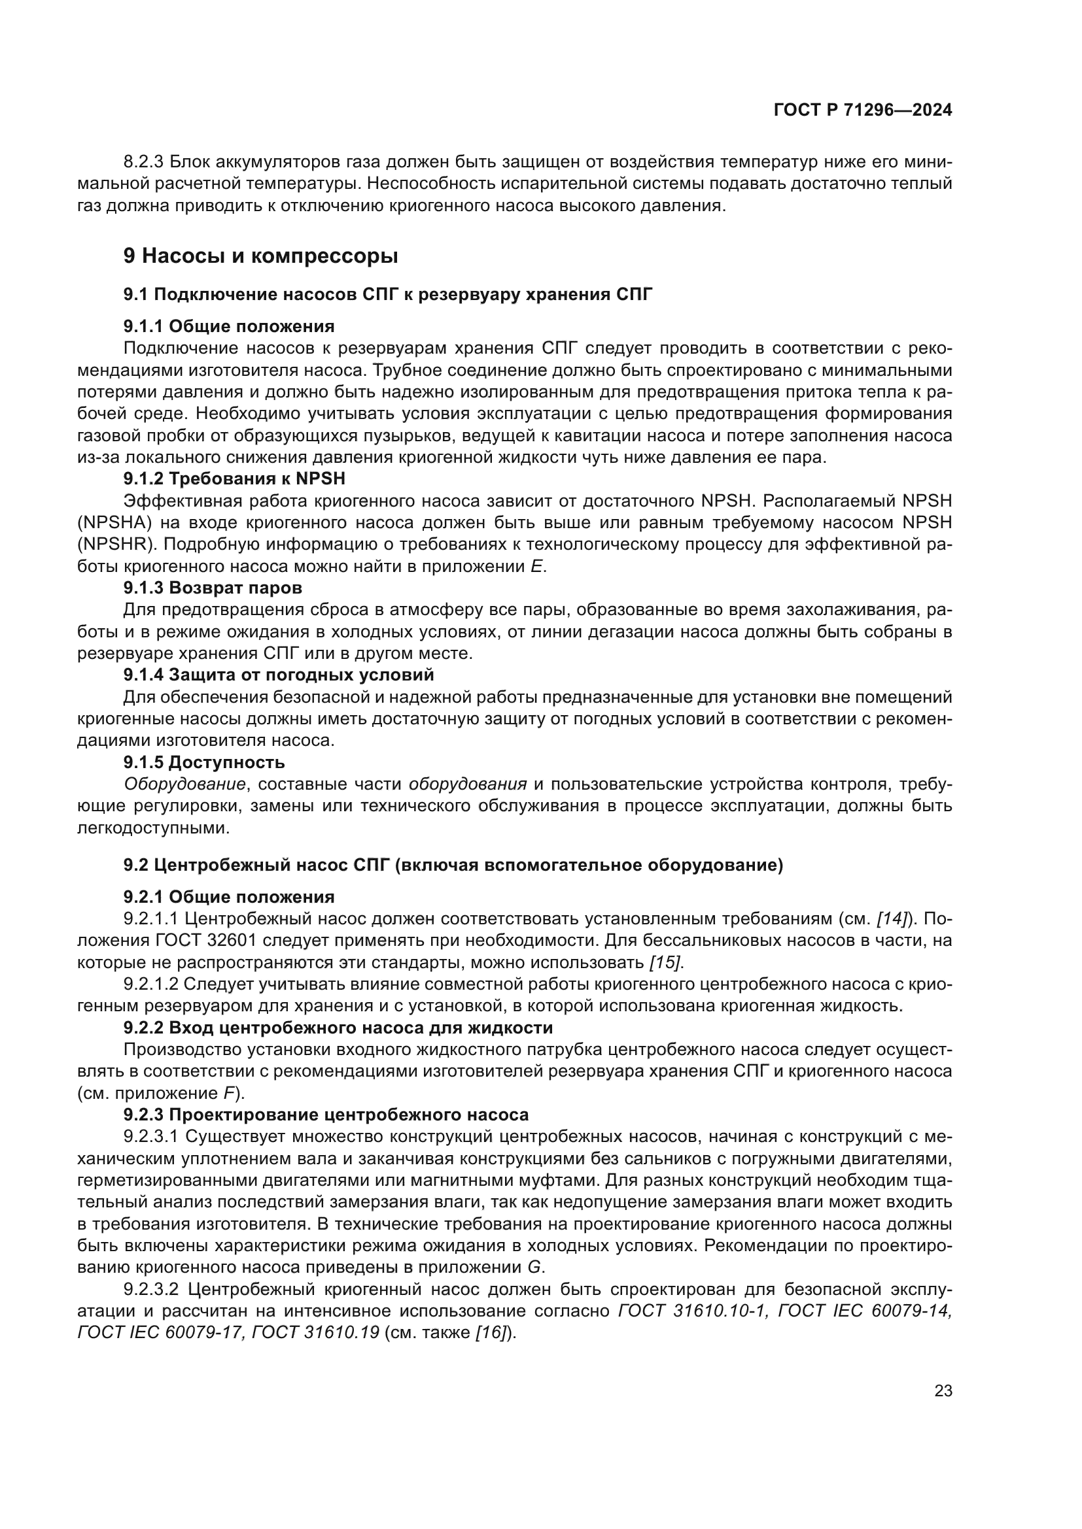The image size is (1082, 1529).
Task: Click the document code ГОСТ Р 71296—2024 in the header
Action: coord(863,110)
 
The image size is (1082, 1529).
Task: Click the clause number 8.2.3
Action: coord(145,162)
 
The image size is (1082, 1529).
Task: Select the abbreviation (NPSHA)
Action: coord(116,523)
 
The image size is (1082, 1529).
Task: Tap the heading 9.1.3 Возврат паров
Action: coord(213,588)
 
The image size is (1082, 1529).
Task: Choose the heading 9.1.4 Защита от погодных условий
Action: coord(279,675)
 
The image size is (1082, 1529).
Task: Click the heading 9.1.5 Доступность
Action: coord(204,762)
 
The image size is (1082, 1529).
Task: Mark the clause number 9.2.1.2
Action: coord(150,984)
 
